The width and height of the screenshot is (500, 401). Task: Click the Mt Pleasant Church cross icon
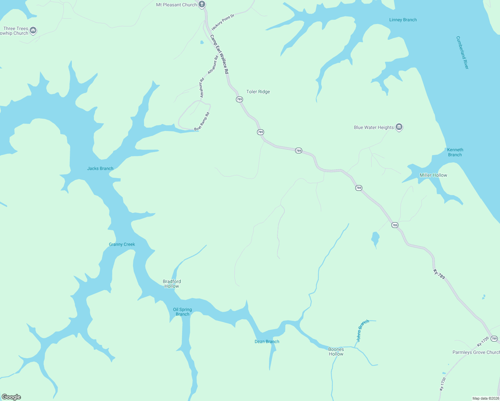[202, 4]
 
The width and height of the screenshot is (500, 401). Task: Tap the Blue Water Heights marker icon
[399, 127]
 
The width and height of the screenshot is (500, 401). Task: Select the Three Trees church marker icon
[33, 30]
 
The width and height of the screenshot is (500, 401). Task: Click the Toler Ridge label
[258, 92]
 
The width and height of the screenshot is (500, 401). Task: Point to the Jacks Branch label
[100, 168]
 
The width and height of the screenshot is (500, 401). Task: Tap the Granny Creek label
[122, 244]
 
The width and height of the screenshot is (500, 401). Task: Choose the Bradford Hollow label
[172, 284]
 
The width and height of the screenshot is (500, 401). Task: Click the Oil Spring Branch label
[182, 312]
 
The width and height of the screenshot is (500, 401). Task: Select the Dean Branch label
[267, 342]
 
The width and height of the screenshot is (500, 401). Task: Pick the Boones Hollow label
[336, 352]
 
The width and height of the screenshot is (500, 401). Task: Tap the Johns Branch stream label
[363, 330]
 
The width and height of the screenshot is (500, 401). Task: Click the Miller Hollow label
[433, 175]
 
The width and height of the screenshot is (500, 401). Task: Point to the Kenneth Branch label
[455, 152]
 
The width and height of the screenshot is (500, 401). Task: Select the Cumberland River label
[462, 53]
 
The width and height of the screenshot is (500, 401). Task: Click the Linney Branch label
[403, 20]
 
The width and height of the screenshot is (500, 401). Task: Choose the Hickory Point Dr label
[223, 22]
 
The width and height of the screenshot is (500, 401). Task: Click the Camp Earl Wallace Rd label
[219, 54]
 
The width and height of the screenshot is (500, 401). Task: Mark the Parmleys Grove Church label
[476, 352]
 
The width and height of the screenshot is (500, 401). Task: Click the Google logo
[11, 397]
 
